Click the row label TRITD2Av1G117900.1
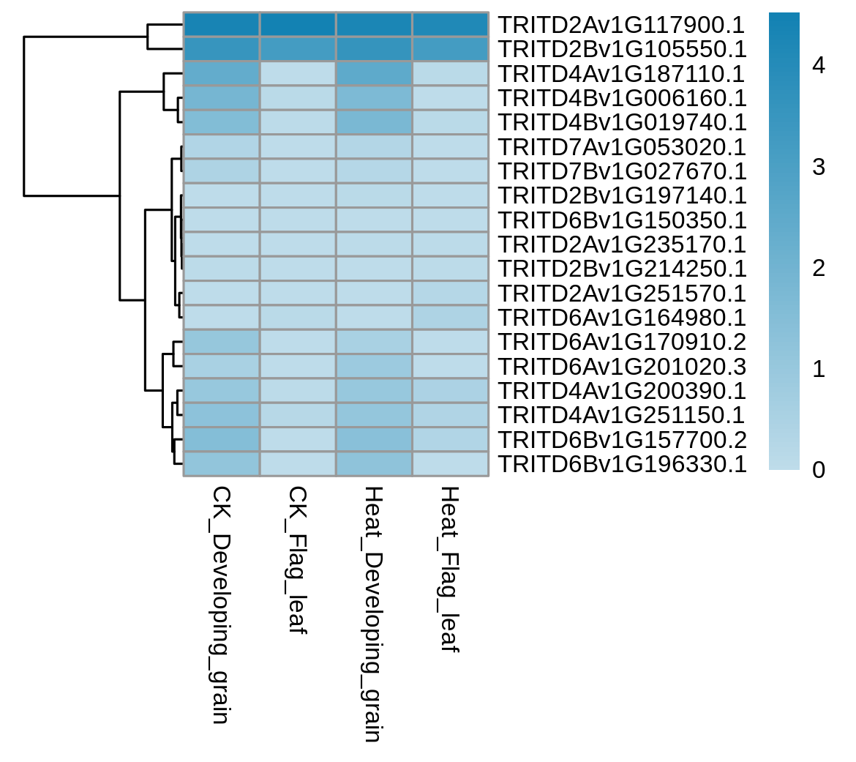622,25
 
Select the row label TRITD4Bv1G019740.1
623,122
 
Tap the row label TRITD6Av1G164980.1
623,318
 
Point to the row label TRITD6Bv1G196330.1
623,464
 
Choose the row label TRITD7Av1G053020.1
623,147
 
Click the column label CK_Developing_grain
220,605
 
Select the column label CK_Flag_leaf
298,561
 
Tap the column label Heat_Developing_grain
373,615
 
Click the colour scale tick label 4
819,66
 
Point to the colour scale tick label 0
819,470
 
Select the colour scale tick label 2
819,268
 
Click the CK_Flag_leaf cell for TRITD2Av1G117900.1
298,24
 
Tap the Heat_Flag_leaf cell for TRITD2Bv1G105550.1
451,48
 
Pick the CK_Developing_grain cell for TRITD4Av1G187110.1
221,73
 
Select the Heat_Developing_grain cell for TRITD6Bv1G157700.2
374,439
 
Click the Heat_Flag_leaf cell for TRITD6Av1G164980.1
451,318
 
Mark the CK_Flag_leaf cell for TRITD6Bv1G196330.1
298,464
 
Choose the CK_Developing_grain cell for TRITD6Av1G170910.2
221,342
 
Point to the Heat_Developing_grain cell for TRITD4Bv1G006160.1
374,98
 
